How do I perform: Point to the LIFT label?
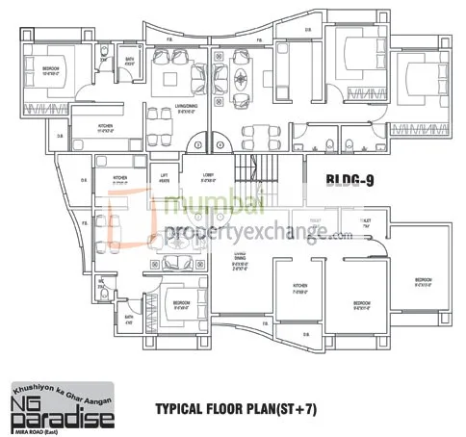click(x=165, y=176)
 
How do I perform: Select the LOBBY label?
click(x=207, y=176)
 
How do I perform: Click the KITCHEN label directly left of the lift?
click(x=120, y=178)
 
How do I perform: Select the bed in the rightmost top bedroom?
click(x=423, y=78)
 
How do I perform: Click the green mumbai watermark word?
click(x=196, y=205)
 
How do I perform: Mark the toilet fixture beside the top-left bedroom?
click(x=103, y=53)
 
